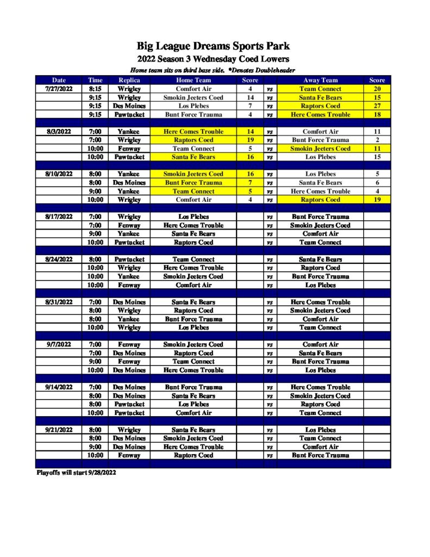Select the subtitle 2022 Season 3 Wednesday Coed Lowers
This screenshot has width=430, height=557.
(213, 59)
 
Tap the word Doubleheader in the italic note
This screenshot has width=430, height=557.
(272, 70)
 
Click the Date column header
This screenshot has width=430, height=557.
(59, 80)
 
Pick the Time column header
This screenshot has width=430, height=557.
(95, 80)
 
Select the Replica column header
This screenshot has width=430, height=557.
(129, 80)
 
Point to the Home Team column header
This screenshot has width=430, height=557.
(193, 80)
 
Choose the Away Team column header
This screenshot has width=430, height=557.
(320, 80)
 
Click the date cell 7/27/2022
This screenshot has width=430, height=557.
(59, 89)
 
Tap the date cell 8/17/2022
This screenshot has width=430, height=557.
(59, 216)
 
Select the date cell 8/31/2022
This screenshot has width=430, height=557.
(59, 302)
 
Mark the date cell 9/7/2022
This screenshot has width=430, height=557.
(59, 344)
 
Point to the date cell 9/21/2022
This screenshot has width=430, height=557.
(59, 430)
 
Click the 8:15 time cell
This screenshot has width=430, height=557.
(95, 89)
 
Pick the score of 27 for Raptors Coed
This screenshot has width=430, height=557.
(377, 106)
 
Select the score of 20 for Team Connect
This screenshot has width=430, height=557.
(377, 89)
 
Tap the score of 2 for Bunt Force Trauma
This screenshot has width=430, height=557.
(377, 140)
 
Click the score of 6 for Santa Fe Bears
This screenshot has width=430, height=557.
(377, 183)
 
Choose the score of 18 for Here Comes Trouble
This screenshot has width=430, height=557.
(377, 115)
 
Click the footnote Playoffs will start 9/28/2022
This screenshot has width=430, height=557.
(76, 473)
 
